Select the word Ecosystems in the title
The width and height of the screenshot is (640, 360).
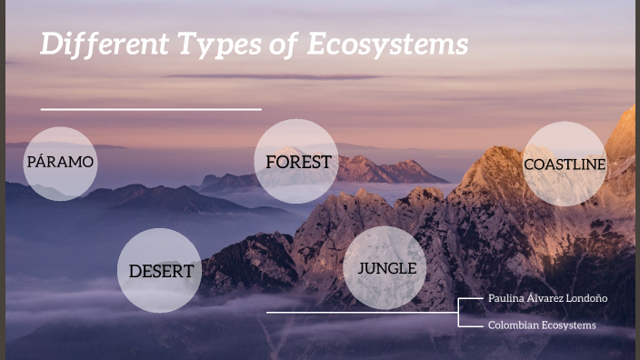pyautogui.click(x=387, y=45)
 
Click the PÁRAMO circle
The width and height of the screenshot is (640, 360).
pyautogui.click(x=60, y=163)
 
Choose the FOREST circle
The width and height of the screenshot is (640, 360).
pyautogui.click(x=296, y=162)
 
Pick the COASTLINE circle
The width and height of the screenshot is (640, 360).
pyautogui.click(x=565, y=164)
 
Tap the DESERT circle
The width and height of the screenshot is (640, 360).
pyautogui.click(x=160, y=271)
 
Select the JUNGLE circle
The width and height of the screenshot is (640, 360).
pyautogui.click(x=386, y=268)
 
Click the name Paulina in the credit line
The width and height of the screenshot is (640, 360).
pyautogui.click(x=505, y=298)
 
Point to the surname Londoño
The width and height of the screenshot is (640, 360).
pyautogui.click(x=587, y=298)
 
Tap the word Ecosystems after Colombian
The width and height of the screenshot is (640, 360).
pyautogui.click(x=569, y=325)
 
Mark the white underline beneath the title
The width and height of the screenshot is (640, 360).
pyautogui.click(x=151, y=109)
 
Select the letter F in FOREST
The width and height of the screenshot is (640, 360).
pyautogui.click(x=271, y=162)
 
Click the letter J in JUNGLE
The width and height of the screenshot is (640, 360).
pyautogui.click(x=361, y=268)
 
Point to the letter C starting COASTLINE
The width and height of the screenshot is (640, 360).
pyautogui.click(x=529, y=165)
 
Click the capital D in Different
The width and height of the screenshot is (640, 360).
pyautogui.click(x=50, y=44)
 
